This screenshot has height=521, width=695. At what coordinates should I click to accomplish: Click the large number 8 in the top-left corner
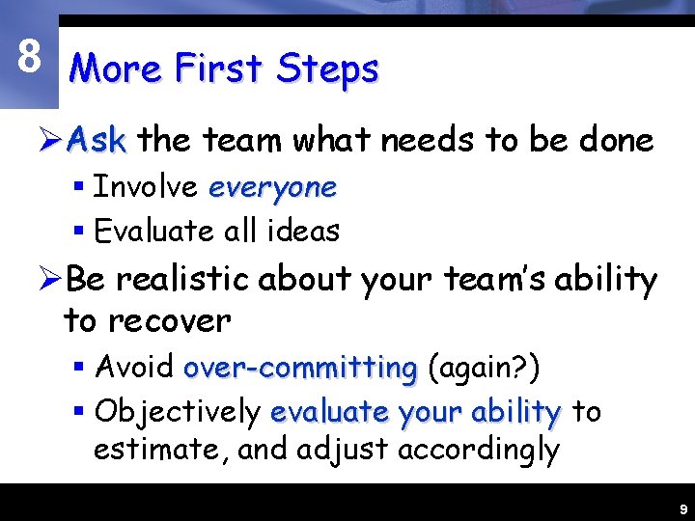[29, 58]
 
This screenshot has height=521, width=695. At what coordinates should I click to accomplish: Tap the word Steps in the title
[327, 69]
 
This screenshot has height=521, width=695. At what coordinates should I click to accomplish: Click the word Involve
[145, 187]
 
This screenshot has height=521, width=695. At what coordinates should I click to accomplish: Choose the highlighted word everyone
[272, 187]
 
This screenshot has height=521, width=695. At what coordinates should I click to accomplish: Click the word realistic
[182, 280]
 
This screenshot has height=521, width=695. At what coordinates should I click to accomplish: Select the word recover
[171, 320]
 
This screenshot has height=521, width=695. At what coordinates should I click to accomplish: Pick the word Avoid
[134, 368]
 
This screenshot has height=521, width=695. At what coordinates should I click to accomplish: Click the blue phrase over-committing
[299, 368]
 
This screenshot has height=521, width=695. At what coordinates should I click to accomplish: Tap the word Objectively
[179, 412]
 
